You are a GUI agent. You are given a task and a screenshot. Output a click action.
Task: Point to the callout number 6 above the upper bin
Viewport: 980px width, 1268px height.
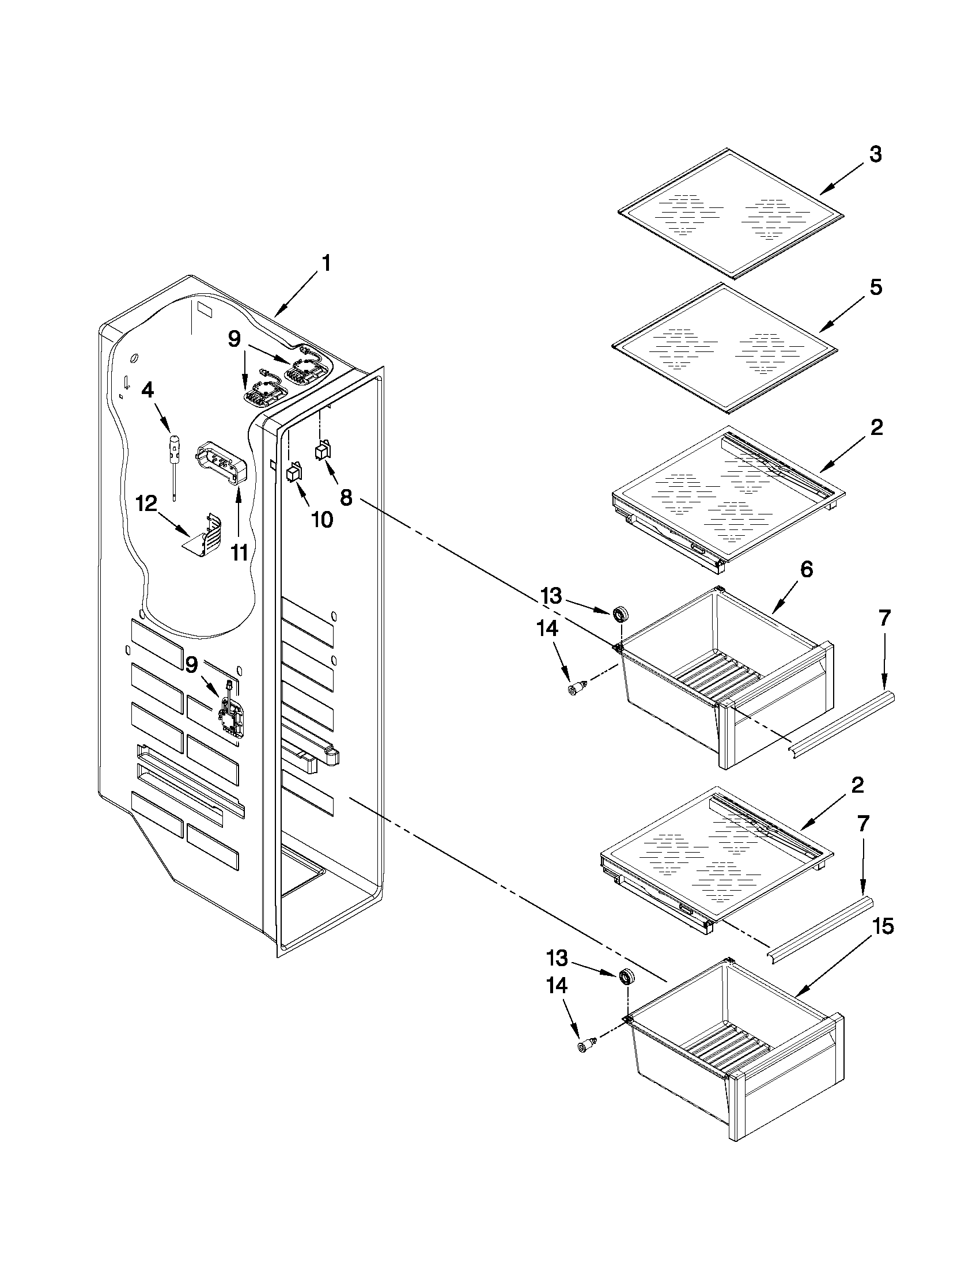pos(807,570)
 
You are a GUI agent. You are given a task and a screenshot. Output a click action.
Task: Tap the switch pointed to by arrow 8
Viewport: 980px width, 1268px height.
pos(322,451)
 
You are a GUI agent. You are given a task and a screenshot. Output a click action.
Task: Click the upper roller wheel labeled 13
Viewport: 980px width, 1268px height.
pos(622,613)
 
